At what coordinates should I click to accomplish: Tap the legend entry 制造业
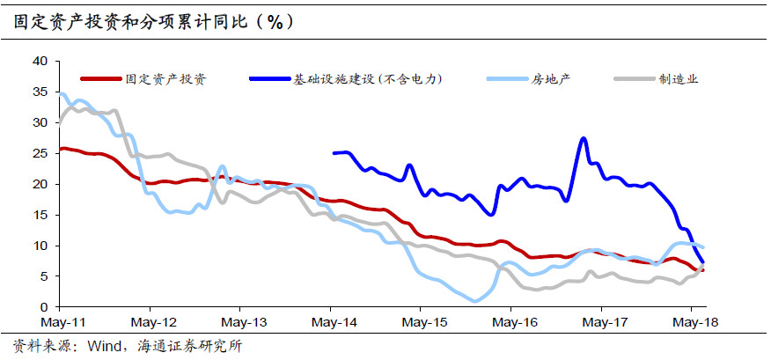point(679,79)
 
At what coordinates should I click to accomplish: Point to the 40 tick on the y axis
point(40,61)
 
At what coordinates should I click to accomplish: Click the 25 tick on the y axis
point(40,153)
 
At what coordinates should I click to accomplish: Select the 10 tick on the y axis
point(40,246)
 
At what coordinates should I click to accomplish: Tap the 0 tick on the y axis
point(43,307)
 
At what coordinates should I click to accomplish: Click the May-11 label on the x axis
point(58,323)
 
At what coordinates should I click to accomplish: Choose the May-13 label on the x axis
point(239,323)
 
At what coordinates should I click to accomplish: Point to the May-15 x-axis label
point(421,323)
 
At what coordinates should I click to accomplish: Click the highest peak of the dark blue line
point(584,138)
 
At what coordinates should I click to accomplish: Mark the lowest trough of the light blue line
point(475,301)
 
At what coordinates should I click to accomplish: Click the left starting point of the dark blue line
point(334,153)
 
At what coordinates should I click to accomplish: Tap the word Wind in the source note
point(105,345)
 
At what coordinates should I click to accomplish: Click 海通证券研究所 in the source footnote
point(189,345)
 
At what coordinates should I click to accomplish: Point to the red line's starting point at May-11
point(59,149)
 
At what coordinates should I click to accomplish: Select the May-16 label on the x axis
point(511,323)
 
